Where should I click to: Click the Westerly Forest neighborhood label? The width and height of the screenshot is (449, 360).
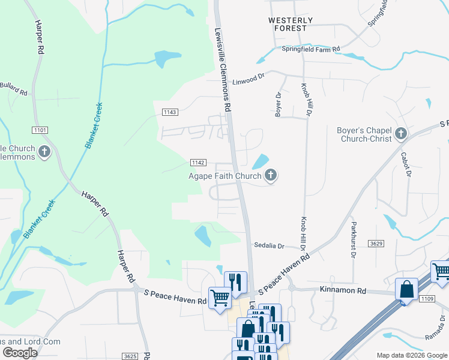(291, 24)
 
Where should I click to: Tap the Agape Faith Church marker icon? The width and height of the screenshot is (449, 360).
(271, 176)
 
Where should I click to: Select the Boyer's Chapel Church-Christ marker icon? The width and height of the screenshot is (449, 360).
(400, 134)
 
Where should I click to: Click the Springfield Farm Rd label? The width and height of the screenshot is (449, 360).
(311, 49)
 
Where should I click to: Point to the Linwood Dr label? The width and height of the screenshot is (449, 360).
(249, 79)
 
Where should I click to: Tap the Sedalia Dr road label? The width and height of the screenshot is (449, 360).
(268, 245)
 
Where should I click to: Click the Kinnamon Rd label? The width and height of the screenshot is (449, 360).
(345, 290)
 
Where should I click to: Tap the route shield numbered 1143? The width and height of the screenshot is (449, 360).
(170, 112)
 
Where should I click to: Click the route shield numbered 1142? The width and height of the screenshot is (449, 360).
(199, 163)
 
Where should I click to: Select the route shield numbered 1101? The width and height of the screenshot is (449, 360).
(40, 130)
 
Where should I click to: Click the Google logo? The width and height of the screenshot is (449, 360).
(20, 353)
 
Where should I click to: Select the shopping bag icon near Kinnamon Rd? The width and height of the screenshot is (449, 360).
(407, 289)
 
